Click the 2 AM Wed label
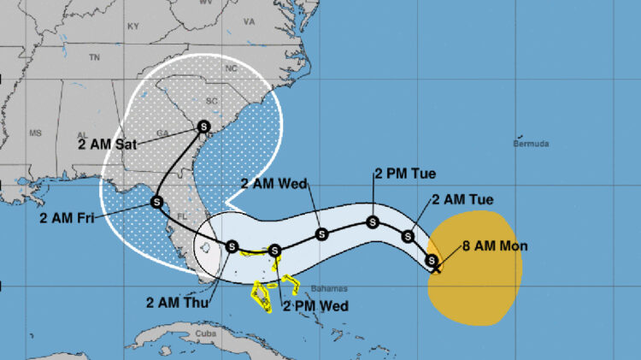(x=274, y=183)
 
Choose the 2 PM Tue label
(x=405, y=174)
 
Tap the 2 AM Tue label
(x=462, y=200)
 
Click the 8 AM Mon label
(x=495, y=246)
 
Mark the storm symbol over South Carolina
(x=204, y=127)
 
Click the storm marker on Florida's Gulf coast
(x=156, y=202)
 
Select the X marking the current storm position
(x=437, y=269)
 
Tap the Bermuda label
(x=531, y=143)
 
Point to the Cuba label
(x=203, y=333)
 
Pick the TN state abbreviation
(x=94, y=57)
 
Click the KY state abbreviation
(x=132, y=26)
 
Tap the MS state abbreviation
(x=35, y=133)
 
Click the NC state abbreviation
(x=229, y=67)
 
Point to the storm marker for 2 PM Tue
(x=373, y=222)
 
